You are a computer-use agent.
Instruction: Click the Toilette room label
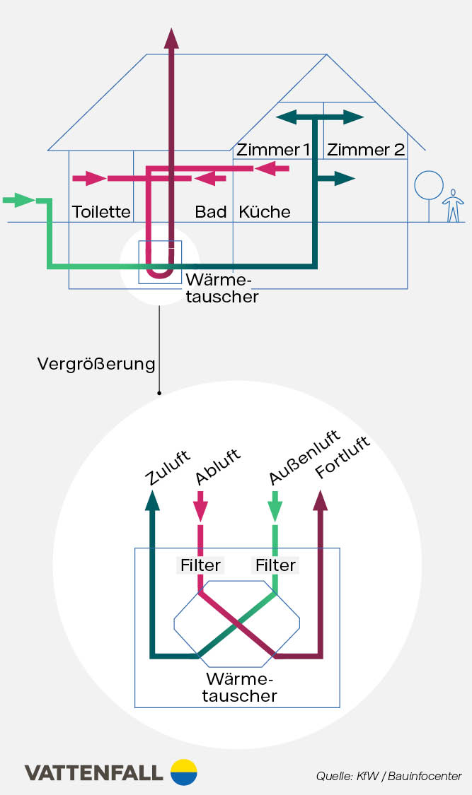[101, 212]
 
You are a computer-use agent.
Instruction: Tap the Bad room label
[210, 212]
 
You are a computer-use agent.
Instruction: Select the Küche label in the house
[265, 212]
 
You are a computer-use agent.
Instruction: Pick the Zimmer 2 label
[366, 150]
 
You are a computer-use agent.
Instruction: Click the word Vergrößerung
[96, 365]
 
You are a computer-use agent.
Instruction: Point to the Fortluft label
[343, 459]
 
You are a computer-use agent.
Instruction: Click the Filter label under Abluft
[200, 565]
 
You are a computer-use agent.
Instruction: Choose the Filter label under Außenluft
[275, 565]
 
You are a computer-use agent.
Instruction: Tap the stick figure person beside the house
[453, 206]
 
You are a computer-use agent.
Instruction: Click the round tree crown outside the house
[428, 185]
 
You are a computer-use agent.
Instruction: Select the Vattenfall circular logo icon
[184, 772]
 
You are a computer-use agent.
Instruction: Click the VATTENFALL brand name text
[94, 773]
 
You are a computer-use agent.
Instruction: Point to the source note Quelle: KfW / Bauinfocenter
[388, 776]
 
